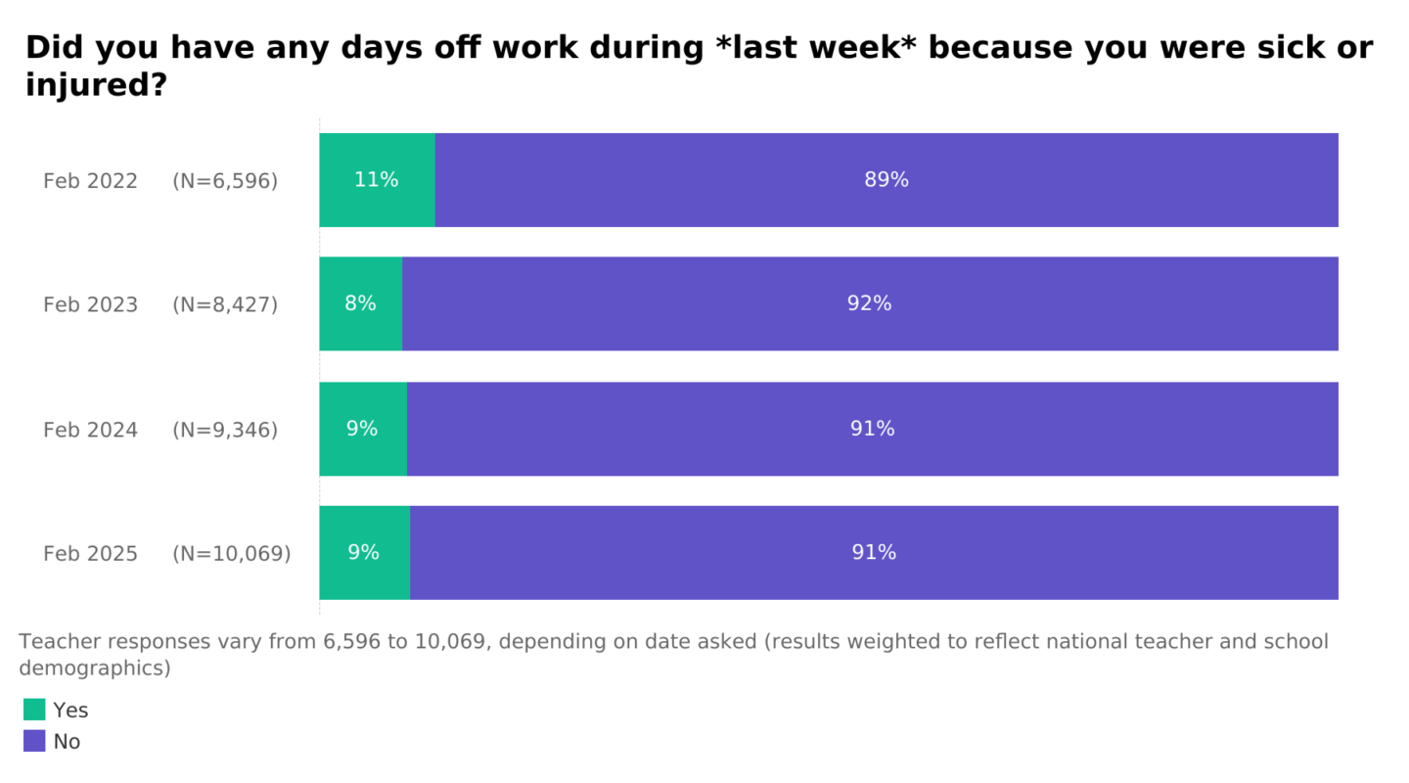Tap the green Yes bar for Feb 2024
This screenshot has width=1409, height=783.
[x=362, y=452]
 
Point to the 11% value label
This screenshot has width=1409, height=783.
[x=377, y=180]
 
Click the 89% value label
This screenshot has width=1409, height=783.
[x=886, y=180]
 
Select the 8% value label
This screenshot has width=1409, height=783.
[x=360, y=303]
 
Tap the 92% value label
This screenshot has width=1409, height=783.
[x=869, y=303]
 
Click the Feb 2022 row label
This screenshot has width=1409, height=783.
[x=90, y=181]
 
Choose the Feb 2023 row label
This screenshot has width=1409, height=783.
[x=90, y=304]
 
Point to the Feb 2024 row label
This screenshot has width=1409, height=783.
[x=90, y=430]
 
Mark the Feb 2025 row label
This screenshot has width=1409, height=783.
[x=90, y=554]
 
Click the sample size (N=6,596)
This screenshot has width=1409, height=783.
[x=225, y=181]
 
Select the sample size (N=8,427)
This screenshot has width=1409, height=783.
[x=225, y=304]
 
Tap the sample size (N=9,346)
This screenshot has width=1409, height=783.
[x=225, y=430]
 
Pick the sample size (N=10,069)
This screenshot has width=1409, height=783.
[x=232, y=554]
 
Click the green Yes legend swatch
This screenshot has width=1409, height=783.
[x=34, y=710]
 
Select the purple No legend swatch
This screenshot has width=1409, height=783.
[x=34, y=741]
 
